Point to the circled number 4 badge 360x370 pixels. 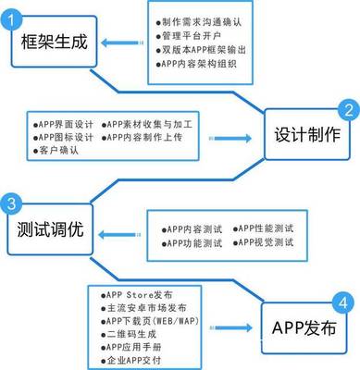tap(345, 302)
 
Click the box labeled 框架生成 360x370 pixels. tap(52, 43)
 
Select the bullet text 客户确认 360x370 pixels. tap(55, 150)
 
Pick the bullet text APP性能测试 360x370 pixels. tap(264, 228)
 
